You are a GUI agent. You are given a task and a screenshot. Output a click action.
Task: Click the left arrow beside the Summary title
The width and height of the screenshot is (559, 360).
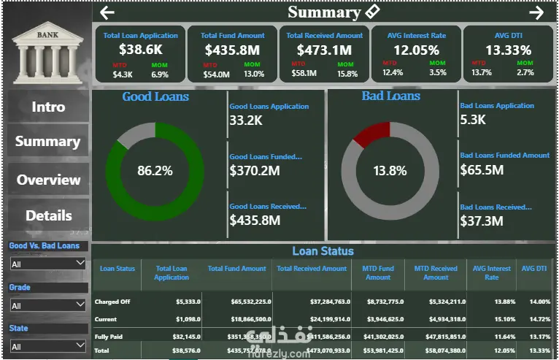[107, 12]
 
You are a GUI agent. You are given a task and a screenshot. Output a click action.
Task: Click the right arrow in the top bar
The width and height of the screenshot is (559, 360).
[536, 12]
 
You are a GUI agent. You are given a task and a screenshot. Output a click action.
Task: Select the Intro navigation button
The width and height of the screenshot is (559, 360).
[48, 107]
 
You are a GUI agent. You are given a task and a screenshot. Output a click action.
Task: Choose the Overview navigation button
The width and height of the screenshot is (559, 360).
[48, 180]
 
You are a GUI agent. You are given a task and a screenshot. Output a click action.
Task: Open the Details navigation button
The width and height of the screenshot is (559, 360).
[48, 215]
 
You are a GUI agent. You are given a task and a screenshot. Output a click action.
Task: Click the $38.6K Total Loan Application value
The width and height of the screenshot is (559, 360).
[140, 50]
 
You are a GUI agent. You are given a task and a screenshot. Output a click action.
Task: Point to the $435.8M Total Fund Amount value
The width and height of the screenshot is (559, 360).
[232, 50]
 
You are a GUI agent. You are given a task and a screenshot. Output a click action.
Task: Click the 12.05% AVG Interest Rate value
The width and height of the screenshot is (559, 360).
[417, 50]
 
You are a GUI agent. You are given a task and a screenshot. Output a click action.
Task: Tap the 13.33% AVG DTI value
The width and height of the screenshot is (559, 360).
[509, 50]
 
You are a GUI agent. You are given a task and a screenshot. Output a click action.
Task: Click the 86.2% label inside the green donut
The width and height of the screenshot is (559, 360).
[155, 171]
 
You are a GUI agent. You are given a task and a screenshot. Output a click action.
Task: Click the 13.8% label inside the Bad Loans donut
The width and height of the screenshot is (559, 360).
[390, 171]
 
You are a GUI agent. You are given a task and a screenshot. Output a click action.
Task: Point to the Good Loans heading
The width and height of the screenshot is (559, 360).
[155, 96]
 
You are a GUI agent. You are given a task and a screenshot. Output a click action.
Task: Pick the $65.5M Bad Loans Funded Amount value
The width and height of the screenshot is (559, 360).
[482, 170]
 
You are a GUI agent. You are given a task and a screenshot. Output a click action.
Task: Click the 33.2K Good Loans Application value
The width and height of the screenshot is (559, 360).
[246, 120]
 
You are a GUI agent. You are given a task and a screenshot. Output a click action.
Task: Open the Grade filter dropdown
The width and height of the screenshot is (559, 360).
[48, 305]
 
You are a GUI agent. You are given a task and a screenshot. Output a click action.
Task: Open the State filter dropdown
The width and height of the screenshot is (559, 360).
[48, 346]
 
